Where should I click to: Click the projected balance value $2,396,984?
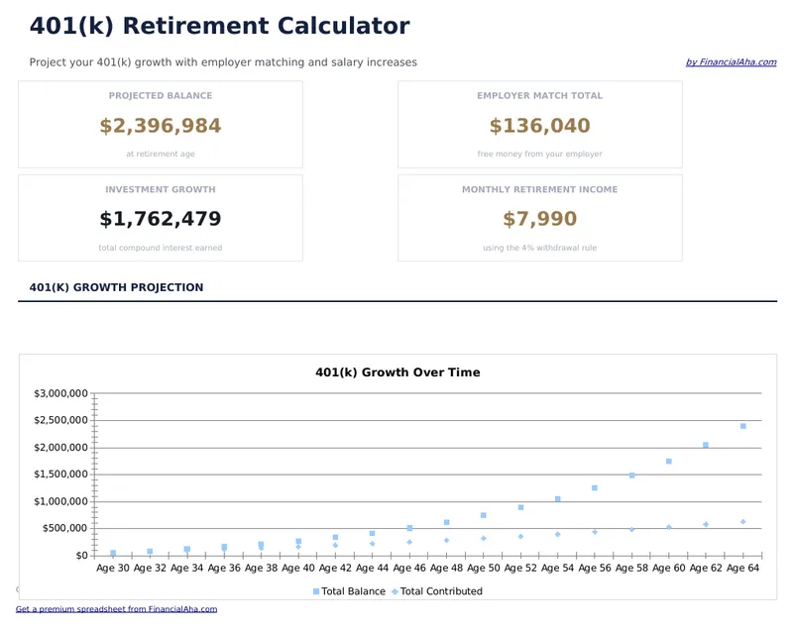coord(161,126)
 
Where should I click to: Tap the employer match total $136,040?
coord(539,126)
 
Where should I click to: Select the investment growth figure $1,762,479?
coord(161,219)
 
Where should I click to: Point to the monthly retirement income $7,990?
coord(539,219)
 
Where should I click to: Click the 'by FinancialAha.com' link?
coord(731,62)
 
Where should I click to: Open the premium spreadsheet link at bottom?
coord(116,609)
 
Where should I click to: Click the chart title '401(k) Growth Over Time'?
coord(397,372)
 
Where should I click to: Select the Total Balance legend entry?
coord(349,591)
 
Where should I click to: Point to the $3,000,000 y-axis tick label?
coord(61,393)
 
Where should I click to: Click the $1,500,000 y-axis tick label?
coord(61,474)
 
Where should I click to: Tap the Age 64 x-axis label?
coord(742,569)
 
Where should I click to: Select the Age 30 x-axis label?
coord(112,569)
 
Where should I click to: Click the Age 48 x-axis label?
coord(446,569)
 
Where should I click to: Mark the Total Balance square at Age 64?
coord(742,426)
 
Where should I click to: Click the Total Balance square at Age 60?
coord(669,462)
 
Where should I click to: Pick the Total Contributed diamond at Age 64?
coord(742,522)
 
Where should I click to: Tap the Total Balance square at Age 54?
coord(558,499)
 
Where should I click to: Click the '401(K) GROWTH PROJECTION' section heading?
coord(116,287)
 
